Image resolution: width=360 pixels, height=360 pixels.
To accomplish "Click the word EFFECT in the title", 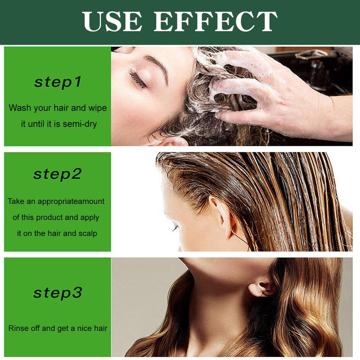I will (216, 21).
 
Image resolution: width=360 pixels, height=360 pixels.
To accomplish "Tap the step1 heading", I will (58, 82).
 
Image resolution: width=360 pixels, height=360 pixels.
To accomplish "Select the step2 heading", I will (58, 174).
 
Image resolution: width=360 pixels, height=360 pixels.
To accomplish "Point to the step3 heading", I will (58, 293).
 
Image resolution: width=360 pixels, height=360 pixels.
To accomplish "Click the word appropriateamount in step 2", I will (70, 201).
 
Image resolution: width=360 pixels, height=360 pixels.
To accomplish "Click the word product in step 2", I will (48, 217).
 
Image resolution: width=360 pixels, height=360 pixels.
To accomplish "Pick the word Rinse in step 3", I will (18, 328).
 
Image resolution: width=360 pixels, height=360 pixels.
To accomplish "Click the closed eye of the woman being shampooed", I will (138, 79).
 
